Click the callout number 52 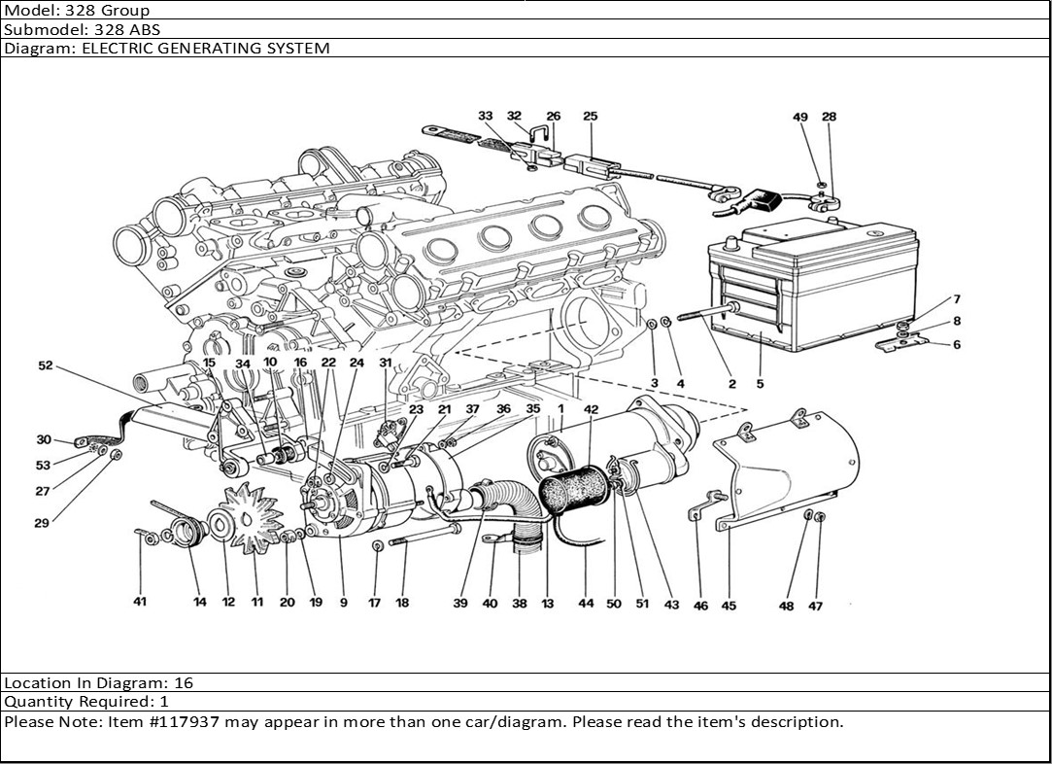46,366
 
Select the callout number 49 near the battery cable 800,118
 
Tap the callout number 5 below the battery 760,384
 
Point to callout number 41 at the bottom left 140,603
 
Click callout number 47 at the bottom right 816,607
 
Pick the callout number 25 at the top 590,117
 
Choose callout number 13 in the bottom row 548,604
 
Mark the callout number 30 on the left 44,439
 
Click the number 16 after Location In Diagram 187,683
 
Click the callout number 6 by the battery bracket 957,345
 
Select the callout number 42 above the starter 592,409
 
